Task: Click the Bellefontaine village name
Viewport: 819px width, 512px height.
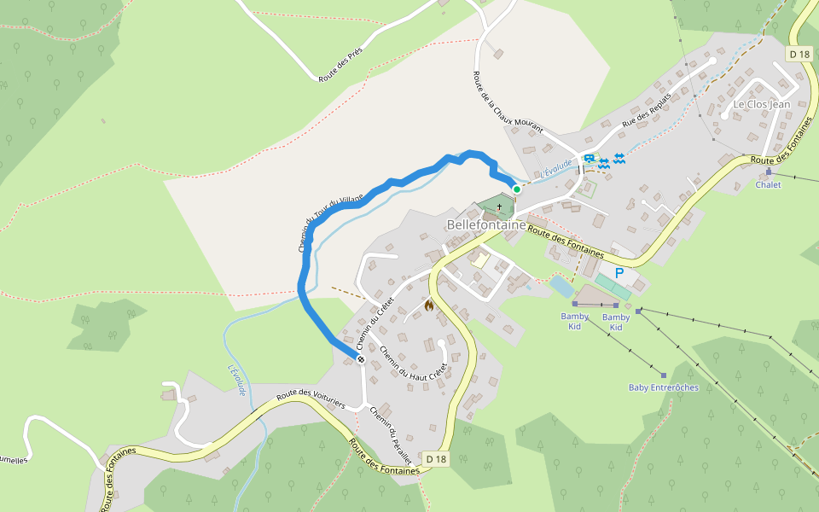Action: (x=486, y=224)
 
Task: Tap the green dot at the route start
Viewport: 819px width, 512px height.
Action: (x=516, y=189)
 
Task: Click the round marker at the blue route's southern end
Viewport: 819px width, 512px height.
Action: (x=361, y=359)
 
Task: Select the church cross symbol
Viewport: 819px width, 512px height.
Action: (x=499, y=207)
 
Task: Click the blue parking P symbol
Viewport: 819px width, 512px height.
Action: (x=619, y=274)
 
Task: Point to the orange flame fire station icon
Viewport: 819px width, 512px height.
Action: (x=429, y=305)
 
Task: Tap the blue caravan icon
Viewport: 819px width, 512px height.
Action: (x=589, y=159)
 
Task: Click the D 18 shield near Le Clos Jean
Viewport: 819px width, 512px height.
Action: (x=799, y=55)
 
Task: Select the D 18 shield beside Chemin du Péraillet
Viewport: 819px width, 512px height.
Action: (x=435, y=459)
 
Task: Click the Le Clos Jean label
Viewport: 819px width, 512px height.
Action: (x=762, y=104)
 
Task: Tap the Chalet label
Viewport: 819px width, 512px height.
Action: (x=768, y=184)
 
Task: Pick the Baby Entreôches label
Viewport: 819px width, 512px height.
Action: (x=663, y=387)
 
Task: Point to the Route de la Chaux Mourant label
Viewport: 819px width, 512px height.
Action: (x=507, y=102)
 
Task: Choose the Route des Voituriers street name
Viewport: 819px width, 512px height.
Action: (x=310, y=399)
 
